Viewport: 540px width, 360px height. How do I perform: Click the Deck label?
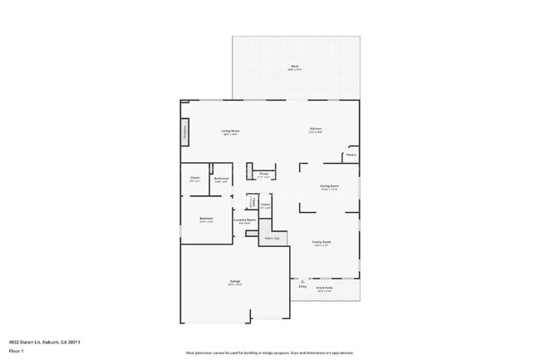click(x=294, y=67)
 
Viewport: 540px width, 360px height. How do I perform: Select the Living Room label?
click(x=230, y=131)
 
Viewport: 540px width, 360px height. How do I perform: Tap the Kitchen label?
click(x=316, y=129)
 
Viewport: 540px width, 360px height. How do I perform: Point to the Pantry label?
click(x=351, y=155)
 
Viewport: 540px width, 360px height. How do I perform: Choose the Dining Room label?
click(x=329, y=186)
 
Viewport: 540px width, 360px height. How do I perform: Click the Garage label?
click(x=235, y=281)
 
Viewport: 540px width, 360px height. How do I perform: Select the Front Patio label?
click(x=324, y=287)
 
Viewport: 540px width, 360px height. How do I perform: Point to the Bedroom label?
click(x=206, y=219)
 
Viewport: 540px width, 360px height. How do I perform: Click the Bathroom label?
click(x=221, y=178)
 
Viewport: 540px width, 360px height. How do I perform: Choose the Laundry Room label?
click(x=244, y=220)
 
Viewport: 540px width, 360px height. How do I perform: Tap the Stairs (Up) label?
click(x=271, y=238)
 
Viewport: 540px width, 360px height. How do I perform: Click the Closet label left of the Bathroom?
click(x=194, y=177)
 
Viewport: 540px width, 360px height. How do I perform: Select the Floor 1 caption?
click(x=17, y=352)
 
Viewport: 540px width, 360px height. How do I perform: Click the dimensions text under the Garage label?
click(x=235, y=285)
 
